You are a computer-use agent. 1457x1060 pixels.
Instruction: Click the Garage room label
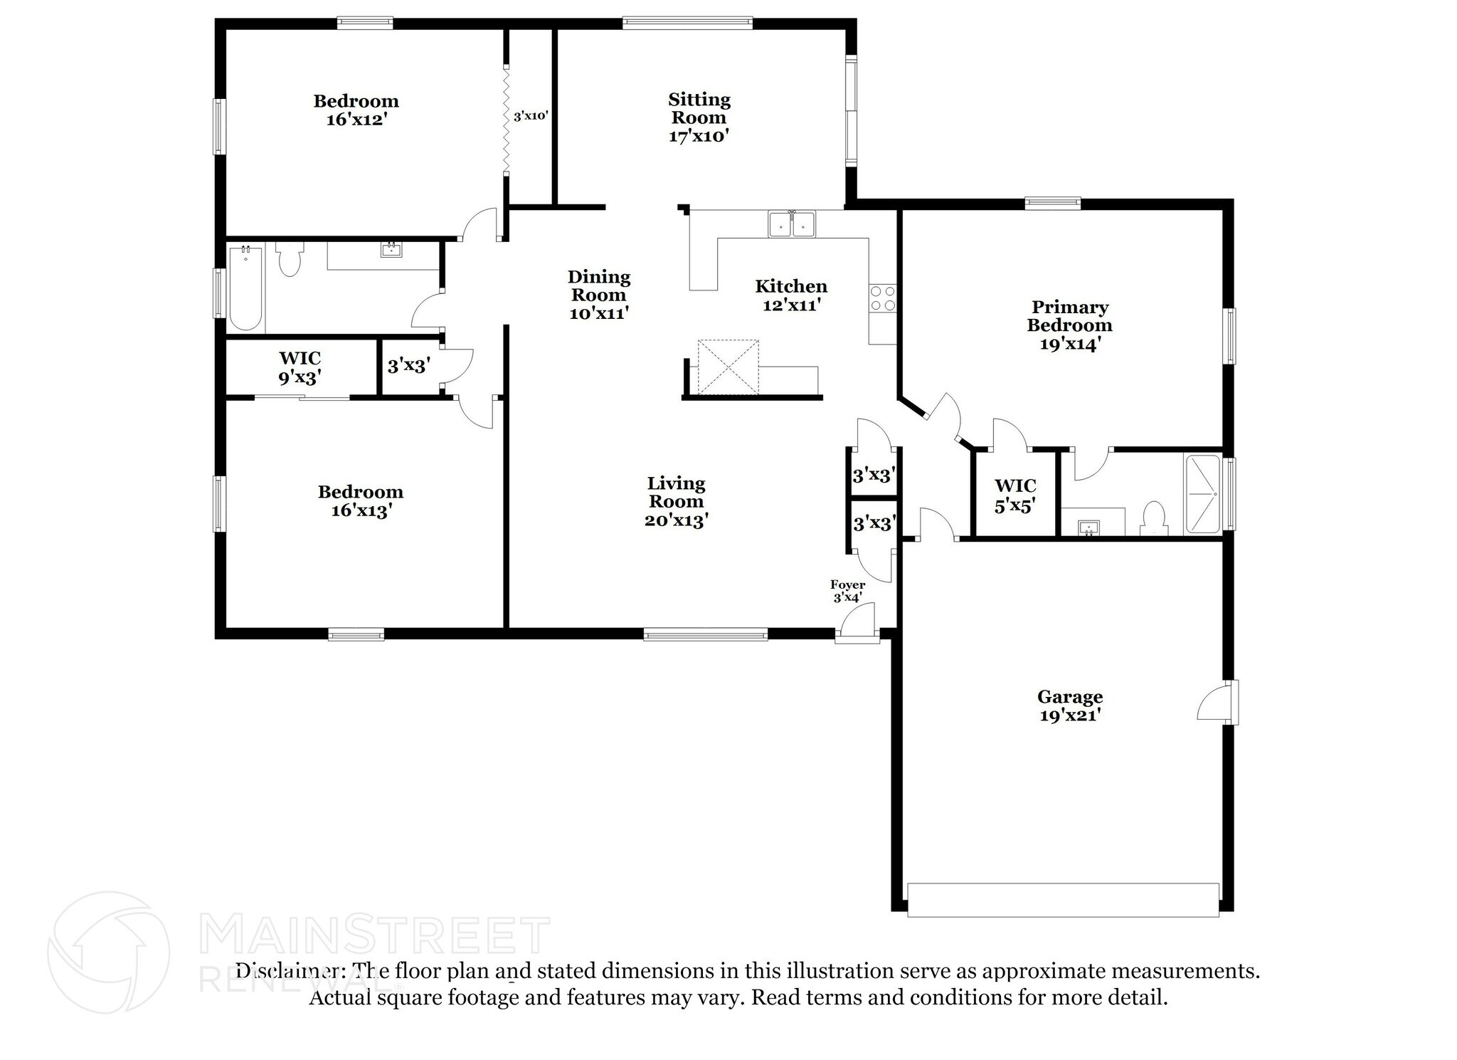point(1070,705)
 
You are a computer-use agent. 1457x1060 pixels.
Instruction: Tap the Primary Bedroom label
point(1069,325)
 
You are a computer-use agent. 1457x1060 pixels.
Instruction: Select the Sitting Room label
point(699,117)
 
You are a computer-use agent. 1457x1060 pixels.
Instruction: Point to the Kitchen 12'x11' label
point(791,295)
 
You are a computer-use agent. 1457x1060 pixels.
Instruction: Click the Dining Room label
point(599,295)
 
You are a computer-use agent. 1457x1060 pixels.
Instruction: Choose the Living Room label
point(676,501)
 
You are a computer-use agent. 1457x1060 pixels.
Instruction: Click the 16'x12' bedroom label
point(356,110)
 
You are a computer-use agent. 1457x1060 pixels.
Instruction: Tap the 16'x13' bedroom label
point(361,501)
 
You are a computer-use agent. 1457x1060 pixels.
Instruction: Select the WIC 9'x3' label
point(300,367)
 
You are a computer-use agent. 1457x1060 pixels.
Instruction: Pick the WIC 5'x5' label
point(1015,495)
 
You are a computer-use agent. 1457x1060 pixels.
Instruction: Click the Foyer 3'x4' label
point(848,591)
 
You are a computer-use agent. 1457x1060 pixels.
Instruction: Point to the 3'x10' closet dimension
point(531,116)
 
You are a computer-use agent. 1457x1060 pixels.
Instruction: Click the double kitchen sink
point(792,224)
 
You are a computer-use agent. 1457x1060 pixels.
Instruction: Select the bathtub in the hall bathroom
point(245,288)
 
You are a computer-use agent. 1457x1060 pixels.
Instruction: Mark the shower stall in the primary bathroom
point(1202,495)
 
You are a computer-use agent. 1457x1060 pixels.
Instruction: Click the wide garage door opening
point(1063,900)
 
